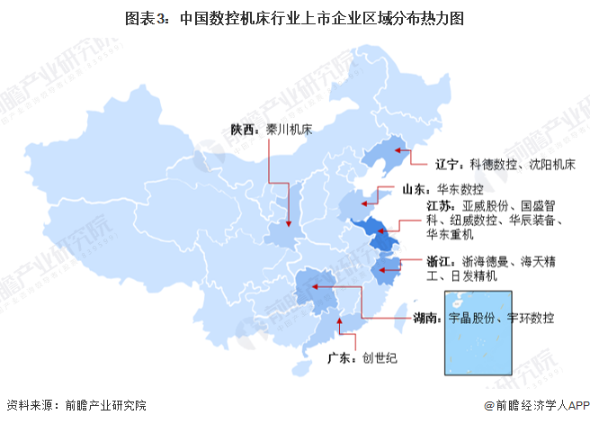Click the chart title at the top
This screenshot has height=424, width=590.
[294, 17]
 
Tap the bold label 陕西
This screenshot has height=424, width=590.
[242, 130]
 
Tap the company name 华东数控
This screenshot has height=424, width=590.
[460, 189]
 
